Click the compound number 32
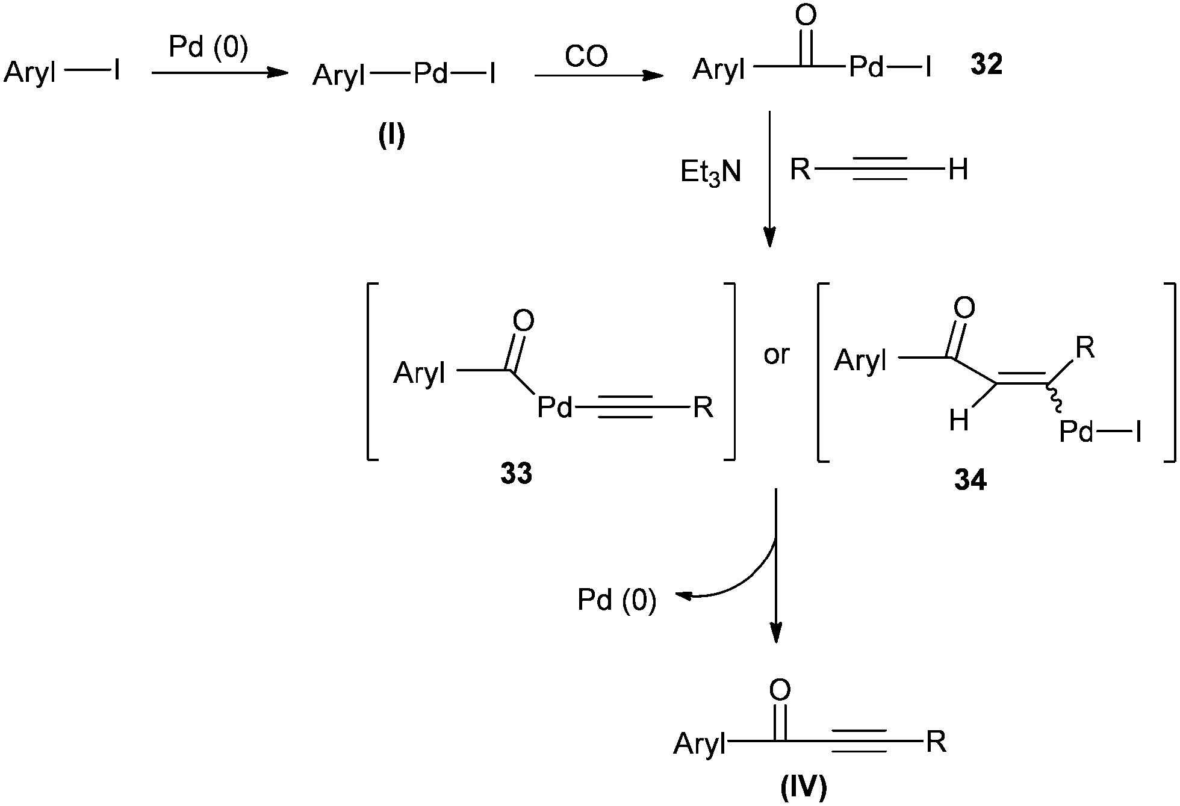(x=986, y=65)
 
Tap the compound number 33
(x=516, y=474)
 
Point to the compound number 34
(x=970, y=480)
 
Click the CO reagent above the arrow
(x=586, y=57)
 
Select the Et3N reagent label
(x=710, y=173)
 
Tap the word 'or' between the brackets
(x=776, y=355)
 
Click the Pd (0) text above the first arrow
(x=208, y=48)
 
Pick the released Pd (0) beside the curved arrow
(x=616, y=600)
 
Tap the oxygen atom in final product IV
(x=780, y=690)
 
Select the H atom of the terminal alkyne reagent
(x=958, y=170)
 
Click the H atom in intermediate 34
(x=958, y=421)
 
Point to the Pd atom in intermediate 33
(x=554, y=408)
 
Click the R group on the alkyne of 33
(x=703, y=408)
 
